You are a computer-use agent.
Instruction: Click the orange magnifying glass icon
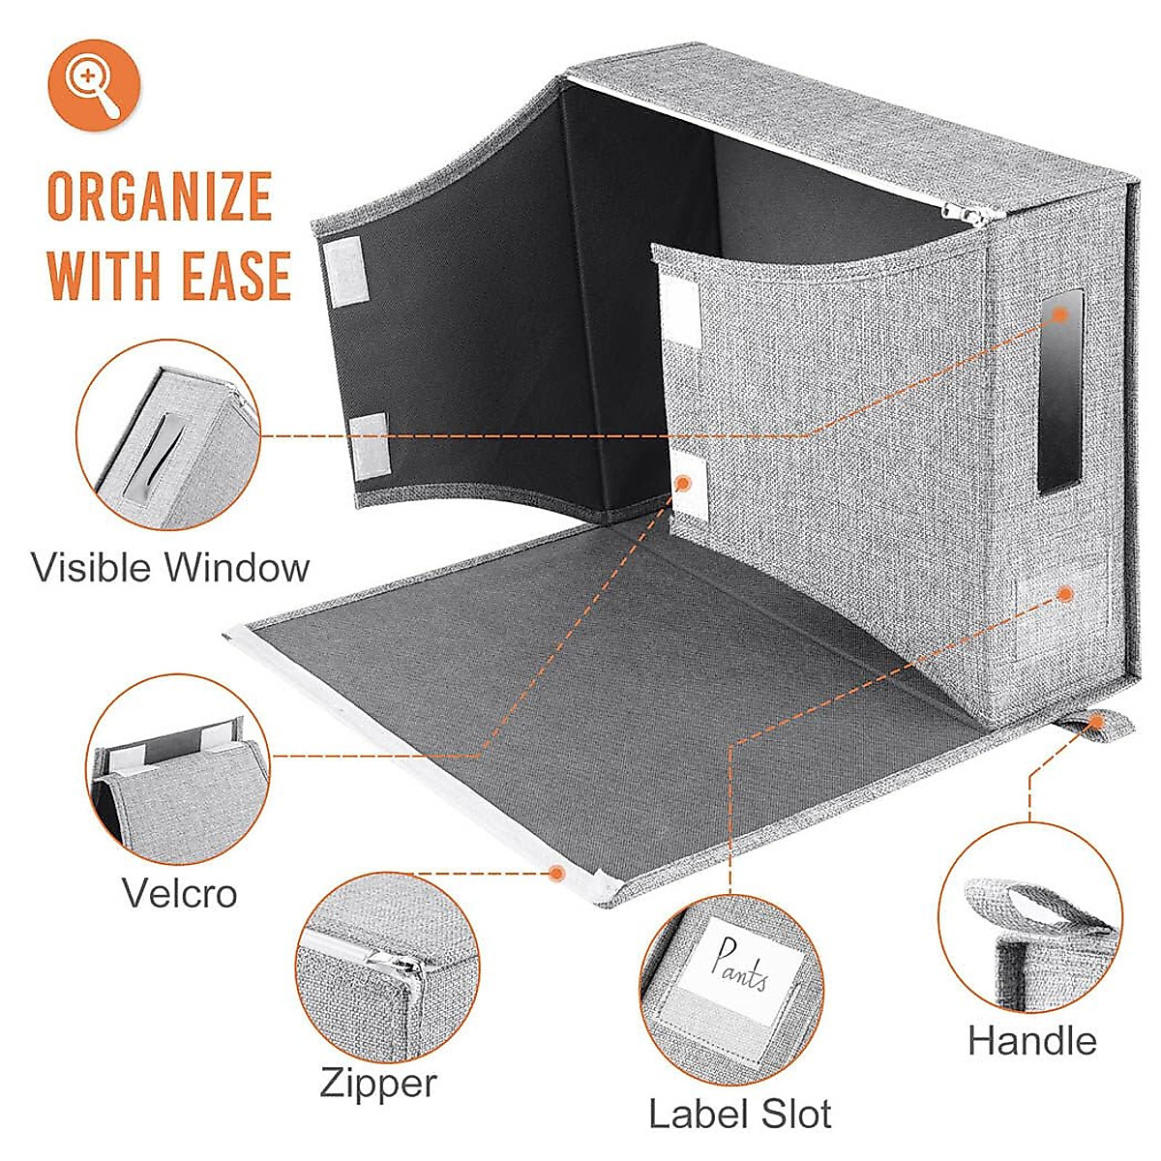[95, 85]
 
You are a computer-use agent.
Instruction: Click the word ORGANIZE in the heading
[160, 196]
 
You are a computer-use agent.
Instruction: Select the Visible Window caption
[170, 568]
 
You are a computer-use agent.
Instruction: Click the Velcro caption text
[180, 893]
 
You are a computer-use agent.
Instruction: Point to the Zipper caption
[378, 1084]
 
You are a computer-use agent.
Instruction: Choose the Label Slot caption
[740, 1114]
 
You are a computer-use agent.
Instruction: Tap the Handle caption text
[1032, 1041]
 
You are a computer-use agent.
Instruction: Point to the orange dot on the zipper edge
[555, 873]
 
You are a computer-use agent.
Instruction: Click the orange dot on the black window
[1060, 313]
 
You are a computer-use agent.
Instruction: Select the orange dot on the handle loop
[1097, 721]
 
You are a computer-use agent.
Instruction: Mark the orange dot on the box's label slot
[1065, 593]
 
